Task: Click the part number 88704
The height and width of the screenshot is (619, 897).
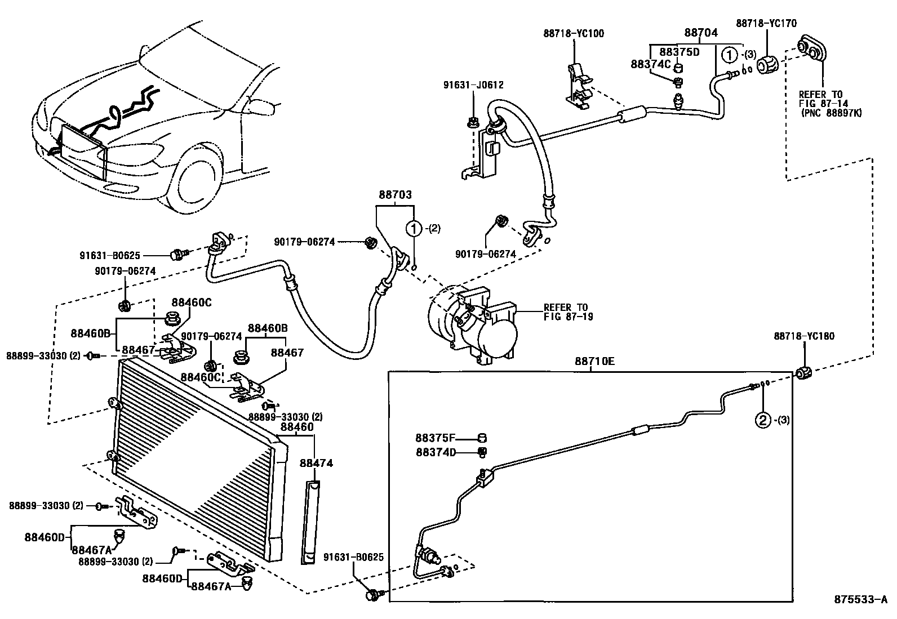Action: pyautogui.click(x=701, y=33)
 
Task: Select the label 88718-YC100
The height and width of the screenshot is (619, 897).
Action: pyautogui.click(x=573, y=33)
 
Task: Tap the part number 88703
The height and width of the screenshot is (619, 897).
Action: pyautogui.click(x=394, y=195)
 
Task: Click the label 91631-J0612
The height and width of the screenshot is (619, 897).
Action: pyautogui.click(x=473, y=85)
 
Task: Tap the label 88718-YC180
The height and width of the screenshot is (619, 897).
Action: pyautogui.click(x=804, y=336)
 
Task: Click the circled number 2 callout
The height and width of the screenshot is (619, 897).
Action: pyautogui.click(x=762, y=420)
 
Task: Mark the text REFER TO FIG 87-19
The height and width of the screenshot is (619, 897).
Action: pyautogui.click(x=568, y=312)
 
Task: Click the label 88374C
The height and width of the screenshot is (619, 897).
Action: pyautogui.click(x=651, y=65)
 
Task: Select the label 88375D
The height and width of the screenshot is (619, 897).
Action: pyautogui.click(x=679, y=52)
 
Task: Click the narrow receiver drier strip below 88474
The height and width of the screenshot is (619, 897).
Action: pyautogui.click(x=312, y=522)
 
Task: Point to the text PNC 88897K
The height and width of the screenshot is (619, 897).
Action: pyautogui.click(x=832, y=113)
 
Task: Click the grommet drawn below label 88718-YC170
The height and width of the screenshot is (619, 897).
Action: pyautogui.click(x=766, y=65)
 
